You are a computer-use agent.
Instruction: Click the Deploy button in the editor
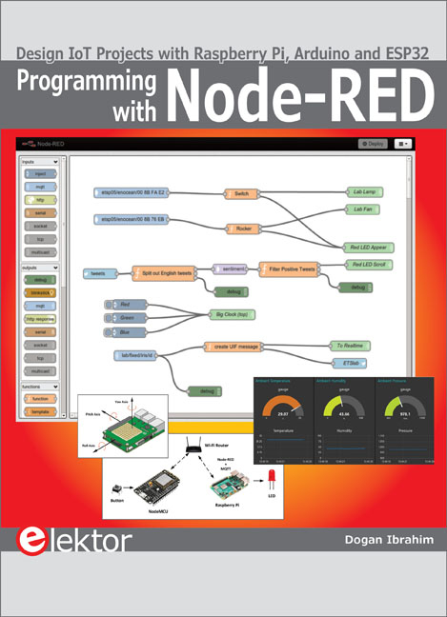[x=373, y=143]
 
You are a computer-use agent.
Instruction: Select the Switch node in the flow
[x=239, y=193]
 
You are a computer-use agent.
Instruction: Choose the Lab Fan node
[x=362, y=209]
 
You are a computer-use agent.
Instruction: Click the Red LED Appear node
[x=368, y=246]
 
